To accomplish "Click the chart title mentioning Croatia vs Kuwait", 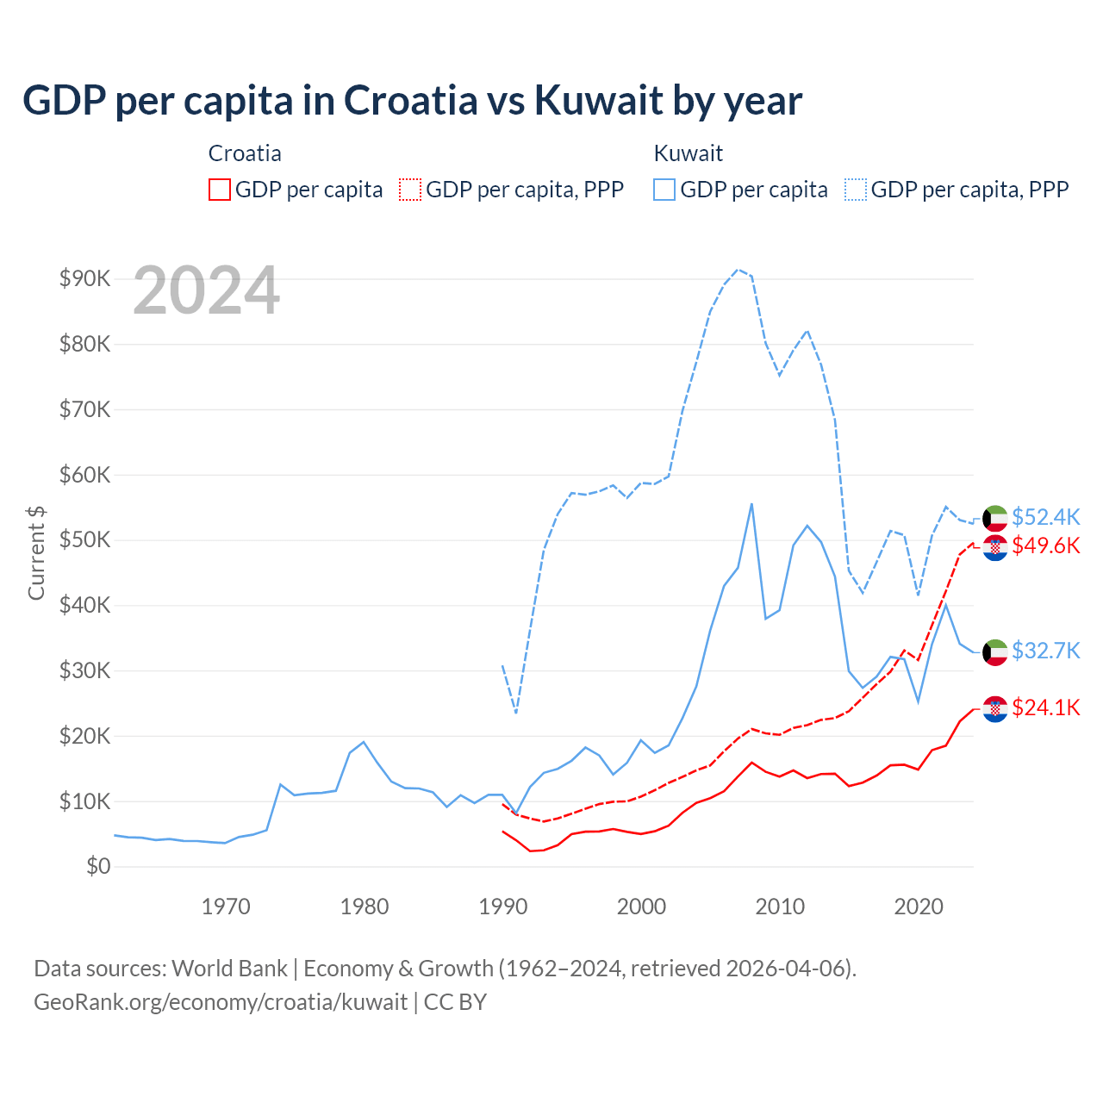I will tap(412, 101).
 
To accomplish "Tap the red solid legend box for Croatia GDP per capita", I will tap(220, 190).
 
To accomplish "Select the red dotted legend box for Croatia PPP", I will tap(410, 190).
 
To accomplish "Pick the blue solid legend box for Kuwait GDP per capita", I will tap(664, 190).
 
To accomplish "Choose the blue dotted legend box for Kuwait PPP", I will tap(856, 190).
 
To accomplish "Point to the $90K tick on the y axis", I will tap(84, 278).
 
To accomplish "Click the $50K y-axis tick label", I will tap(84, 539).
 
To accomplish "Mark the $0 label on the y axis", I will tap(98, 866).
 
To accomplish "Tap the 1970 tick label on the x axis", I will tap(226, 907).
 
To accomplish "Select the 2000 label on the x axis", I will tap(641, 907).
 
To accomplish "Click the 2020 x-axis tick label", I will tap(919, 907).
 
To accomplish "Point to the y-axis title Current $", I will tap(36, 552).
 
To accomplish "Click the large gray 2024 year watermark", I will tap(206, 291).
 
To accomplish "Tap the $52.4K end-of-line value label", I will tap(1045, 517).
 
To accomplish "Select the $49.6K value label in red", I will tap(1045, 545).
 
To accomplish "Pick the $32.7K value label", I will tap(1045, 651).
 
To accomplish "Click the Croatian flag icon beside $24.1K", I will tap(995, 708).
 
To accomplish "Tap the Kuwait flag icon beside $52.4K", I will tap(995, 518).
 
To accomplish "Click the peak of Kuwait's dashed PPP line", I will tap(738, 269).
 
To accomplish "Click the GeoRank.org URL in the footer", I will tap(221, 1002).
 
